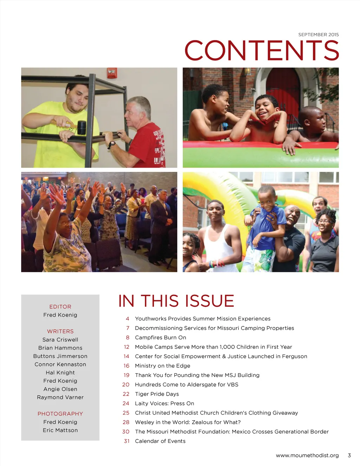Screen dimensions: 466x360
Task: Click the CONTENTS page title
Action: click(262, 50)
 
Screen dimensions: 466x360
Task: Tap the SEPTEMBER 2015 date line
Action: click(318, 34)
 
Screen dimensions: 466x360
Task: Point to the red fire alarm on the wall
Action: click(112, 73)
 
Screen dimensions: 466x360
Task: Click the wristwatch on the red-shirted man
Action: click(112, 144)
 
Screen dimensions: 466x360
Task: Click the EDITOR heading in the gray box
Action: click(60, 307)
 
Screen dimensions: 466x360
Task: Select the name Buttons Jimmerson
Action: click(60, 356)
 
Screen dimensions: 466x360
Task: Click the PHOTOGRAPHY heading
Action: click(60, 414)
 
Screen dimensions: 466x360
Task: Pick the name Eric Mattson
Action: click(60, 430)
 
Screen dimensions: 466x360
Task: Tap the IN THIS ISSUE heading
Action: click(176, 301)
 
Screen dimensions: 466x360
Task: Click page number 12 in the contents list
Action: click(127, 347)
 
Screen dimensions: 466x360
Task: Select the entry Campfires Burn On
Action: click(160, 338)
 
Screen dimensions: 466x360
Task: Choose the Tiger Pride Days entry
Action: click(157, 394)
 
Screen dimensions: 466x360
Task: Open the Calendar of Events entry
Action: click(160, 441)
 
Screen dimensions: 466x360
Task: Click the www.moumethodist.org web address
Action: click(307, 455)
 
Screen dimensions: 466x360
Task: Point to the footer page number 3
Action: click(349, 455)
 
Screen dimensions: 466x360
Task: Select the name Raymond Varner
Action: click(60, 397)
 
